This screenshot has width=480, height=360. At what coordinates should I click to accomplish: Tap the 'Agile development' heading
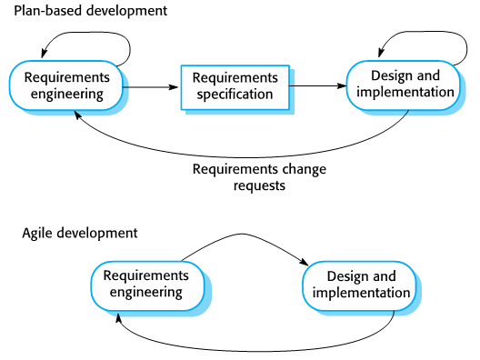click(x=80, y=233)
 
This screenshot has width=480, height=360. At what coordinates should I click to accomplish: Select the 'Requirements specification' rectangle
click(x=235, y=85)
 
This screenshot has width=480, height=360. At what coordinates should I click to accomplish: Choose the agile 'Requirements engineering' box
click(x=145, y=284)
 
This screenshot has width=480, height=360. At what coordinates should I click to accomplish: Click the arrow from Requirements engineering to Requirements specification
click(x=147, y=86)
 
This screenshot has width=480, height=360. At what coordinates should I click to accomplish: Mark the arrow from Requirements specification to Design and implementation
click(x=318, y=85)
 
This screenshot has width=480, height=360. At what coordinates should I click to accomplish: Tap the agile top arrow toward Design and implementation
click(x=241, y=236)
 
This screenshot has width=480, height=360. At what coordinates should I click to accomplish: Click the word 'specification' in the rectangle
click(x=235, y=94)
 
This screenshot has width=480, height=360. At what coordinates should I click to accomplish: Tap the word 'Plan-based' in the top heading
click(x=46, y=12)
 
